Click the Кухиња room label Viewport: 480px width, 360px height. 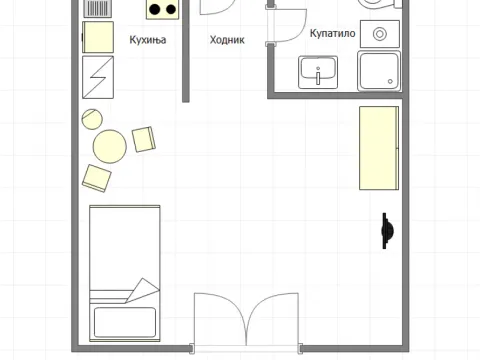coord(148,40)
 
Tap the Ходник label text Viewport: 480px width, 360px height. coord(227,40)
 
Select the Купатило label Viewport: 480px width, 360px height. coord(332,33)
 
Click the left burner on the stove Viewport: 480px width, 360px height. coord(154,9)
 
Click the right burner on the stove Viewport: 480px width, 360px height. coord(171,9)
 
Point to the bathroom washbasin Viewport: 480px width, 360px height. coord(318,72)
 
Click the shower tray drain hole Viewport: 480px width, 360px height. coord(390,81)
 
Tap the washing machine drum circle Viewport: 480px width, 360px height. coord(380,34)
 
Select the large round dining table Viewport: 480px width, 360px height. coord(110,146)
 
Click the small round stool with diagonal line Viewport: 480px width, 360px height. coord(92,119)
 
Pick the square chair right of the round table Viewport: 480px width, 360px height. coord(144,139)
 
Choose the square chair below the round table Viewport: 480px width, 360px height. coord(96,178)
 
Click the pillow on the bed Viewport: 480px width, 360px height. coord(125,322)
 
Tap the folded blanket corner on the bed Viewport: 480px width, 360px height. coord(143,290)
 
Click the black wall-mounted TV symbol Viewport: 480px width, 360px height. coord(387,231)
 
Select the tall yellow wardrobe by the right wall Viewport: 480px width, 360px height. coord(379,148)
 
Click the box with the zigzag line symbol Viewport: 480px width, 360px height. coord(98,77)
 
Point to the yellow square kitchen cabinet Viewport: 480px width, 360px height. coord(98,37)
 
